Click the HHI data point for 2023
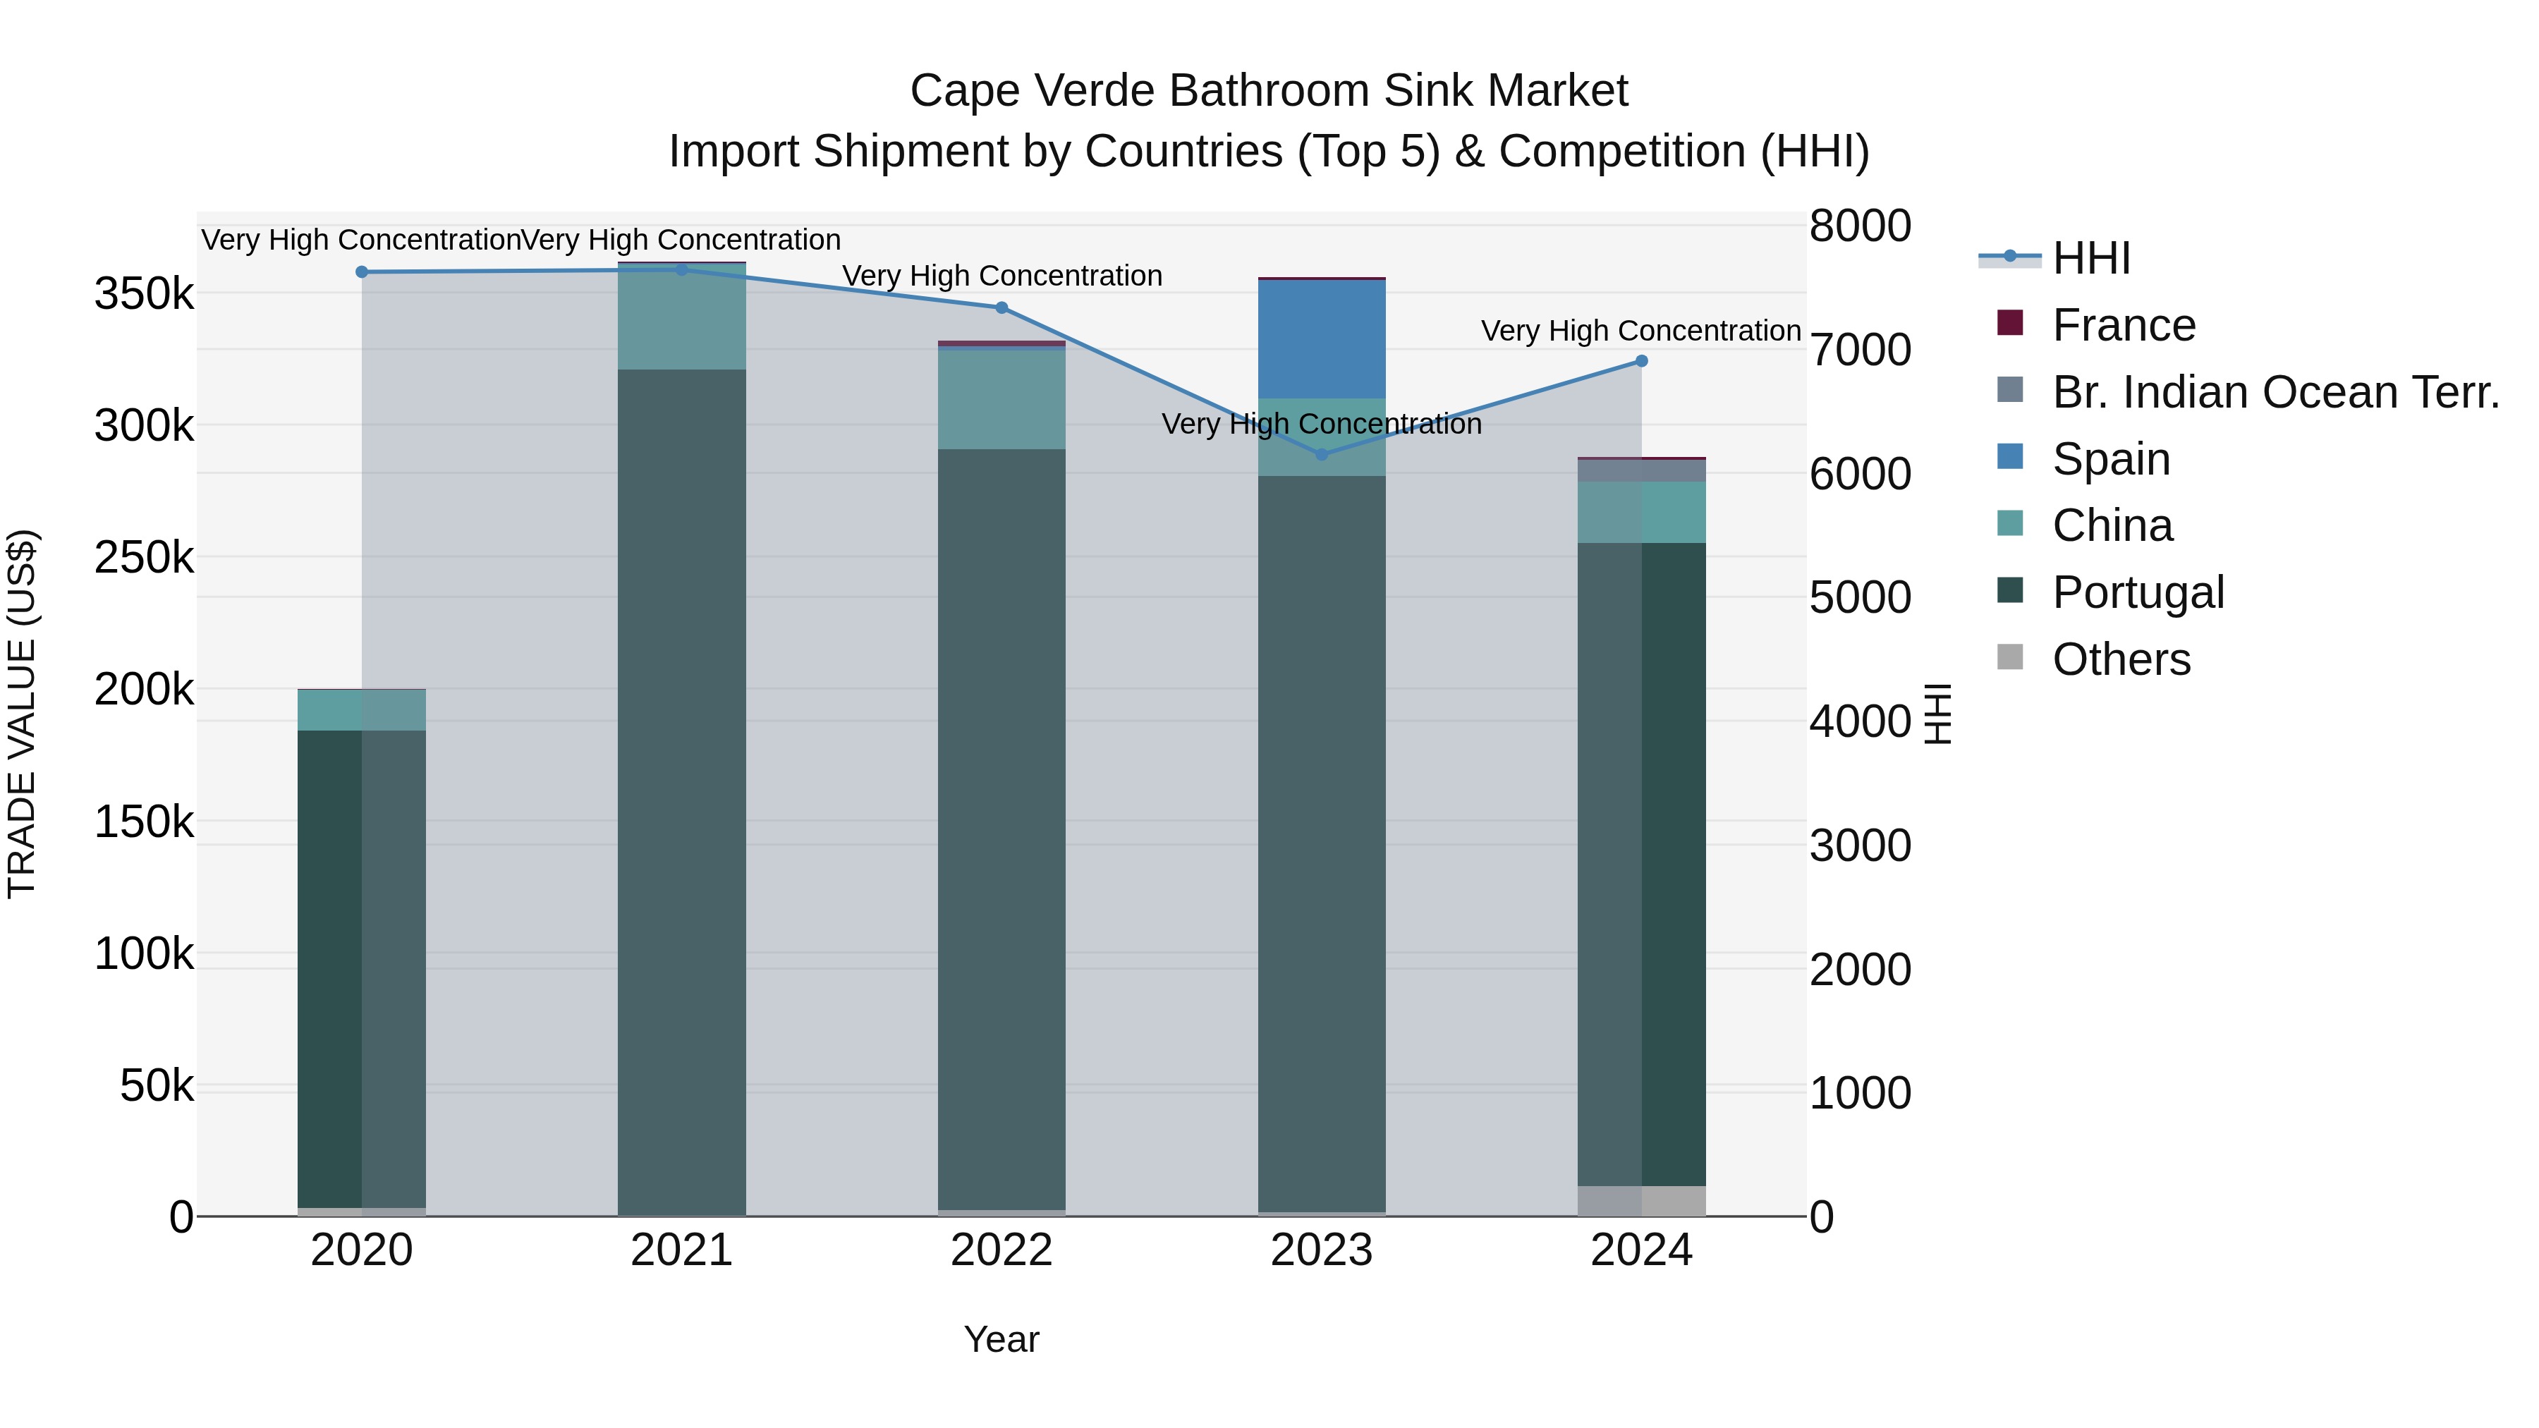pos(1322,454)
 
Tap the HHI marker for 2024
pos(1641,360)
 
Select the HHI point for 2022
pos(1001,307)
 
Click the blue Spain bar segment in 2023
pos(1322,339)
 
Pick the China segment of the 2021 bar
pos(681,317)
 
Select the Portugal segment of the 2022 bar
pos(1001,828)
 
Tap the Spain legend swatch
pos(2010,457)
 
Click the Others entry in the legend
pos(2120,659)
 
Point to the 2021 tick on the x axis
pos(681,1250)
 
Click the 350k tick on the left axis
pos(144,293)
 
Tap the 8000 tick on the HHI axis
pos(1860,226)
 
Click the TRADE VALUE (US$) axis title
pos(22,714)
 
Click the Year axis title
pos(1001,1339)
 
